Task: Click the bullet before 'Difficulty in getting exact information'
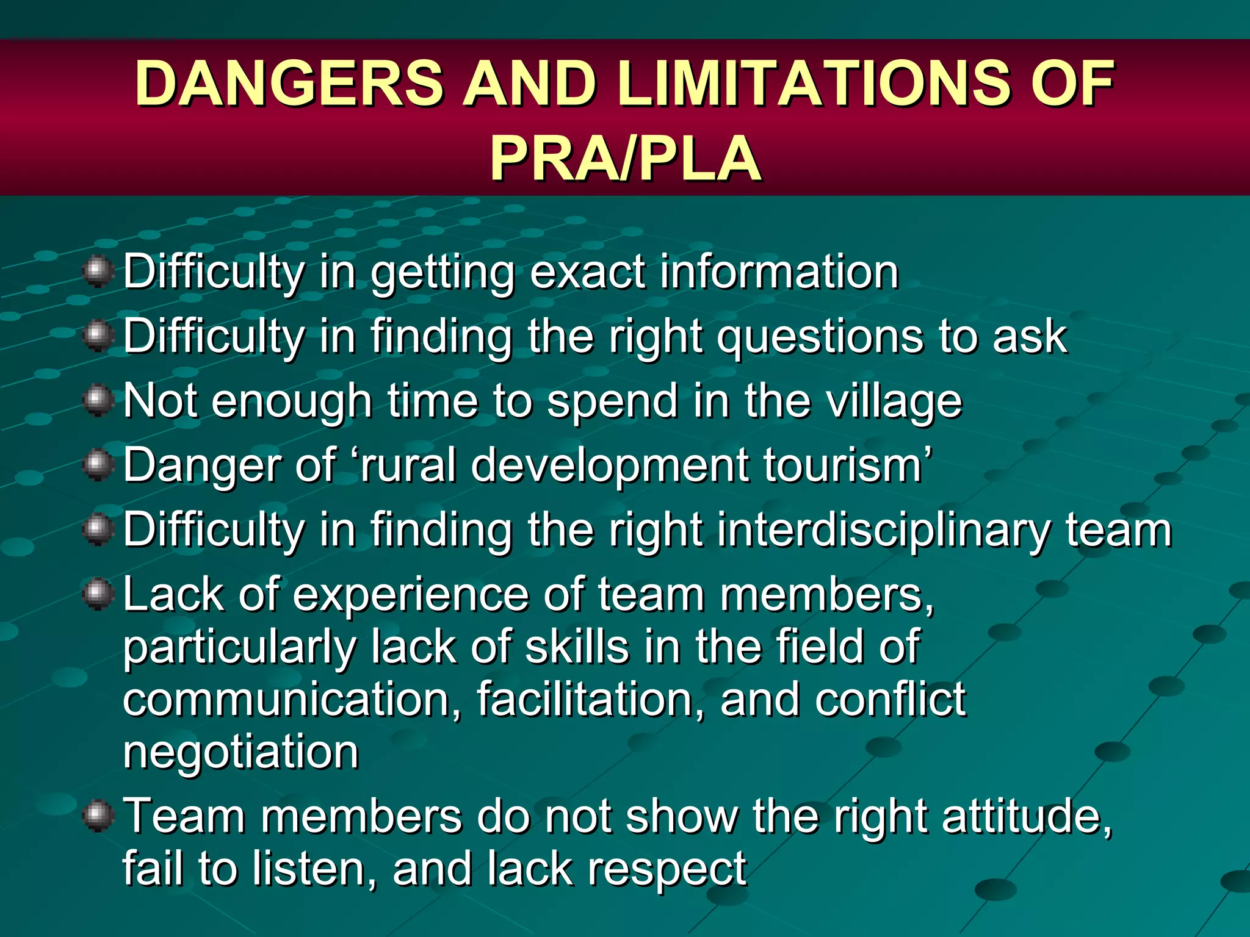(x=98, y=271)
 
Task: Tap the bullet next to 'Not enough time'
(x=98, y=401)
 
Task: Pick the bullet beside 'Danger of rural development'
(x=98, y=466)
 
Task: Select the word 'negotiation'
(x=240, y=752)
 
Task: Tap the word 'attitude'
(x=1026, y=817)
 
